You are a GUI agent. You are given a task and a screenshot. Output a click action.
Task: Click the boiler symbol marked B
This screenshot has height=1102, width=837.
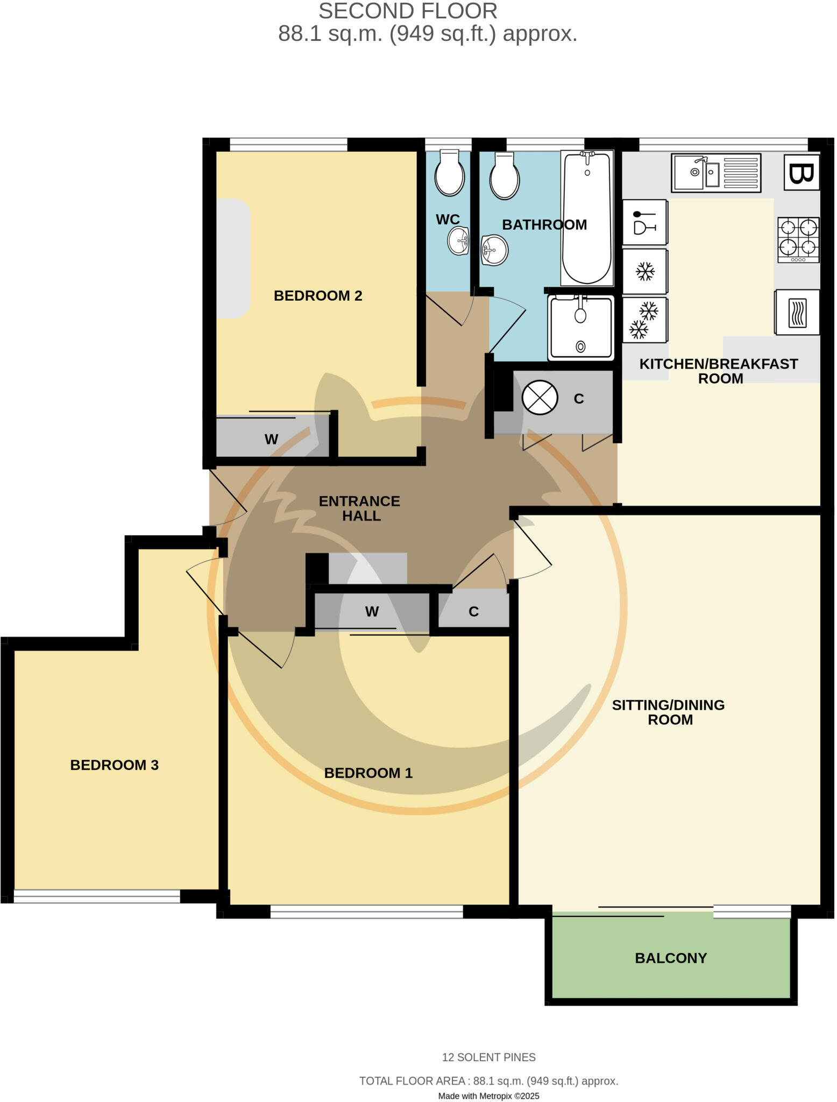pos(801,173)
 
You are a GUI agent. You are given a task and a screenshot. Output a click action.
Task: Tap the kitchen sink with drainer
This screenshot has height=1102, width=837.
pos(716,173)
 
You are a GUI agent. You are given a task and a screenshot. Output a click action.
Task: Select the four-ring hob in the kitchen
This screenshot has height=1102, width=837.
pos(798,239)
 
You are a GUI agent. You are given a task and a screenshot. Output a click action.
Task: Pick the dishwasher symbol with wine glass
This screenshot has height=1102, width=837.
pos(644,223)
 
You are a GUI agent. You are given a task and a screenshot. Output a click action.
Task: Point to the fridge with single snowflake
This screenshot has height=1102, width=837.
pos(645,272)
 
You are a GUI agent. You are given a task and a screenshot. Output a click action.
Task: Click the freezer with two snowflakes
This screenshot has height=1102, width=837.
pos(644,320)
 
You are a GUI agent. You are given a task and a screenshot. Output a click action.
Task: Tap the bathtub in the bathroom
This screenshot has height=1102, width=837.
pos(587,218)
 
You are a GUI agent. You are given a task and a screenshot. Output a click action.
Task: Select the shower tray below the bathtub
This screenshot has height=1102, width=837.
pos(581,327)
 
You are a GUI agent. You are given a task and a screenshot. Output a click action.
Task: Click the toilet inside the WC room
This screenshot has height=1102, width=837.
pos(450,174)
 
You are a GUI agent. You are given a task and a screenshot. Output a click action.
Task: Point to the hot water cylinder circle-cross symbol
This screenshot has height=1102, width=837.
pos(540,398)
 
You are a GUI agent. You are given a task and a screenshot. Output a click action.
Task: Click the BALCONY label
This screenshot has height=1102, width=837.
pos(671,958)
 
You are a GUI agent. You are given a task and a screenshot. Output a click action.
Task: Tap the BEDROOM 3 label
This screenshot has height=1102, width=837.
pos(114,765)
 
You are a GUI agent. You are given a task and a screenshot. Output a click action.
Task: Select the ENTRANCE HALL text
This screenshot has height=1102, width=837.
pos(360,508)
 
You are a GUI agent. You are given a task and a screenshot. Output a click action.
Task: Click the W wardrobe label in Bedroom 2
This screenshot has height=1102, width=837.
pos(271,440)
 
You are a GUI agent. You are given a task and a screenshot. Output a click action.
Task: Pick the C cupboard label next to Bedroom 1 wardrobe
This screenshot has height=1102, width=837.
pos(473,612)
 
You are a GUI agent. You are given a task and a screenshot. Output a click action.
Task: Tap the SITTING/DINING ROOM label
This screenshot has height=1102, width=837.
pos(669,712)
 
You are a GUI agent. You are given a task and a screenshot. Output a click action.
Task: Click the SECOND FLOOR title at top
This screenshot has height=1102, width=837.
pos(408,11)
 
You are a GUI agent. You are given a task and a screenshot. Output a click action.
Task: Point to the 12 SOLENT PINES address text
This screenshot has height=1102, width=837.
pos(488,1057)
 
